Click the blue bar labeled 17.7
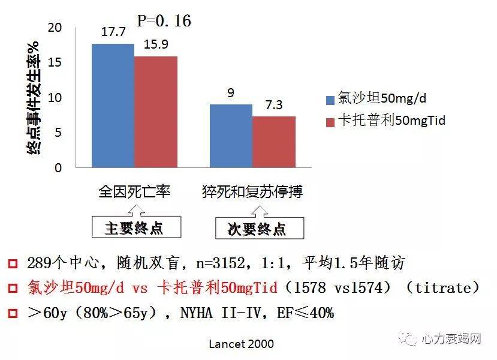point(113,106)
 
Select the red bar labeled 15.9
point(155,112)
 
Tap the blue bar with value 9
point(231,136)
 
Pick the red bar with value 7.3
point(273,142)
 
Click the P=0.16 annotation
point(164,21)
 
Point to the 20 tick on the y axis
point(55,28)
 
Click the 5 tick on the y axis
point(58,133)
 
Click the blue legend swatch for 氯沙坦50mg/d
point(330,100)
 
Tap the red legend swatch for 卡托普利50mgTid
point(330,122)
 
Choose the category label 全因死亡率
point(134,192)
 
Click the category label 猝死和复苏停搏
point(252,192)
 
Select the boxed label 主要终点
point(134,228)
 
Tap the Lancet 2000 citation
point(241,344)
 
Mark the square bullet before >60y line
point(12,313)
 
